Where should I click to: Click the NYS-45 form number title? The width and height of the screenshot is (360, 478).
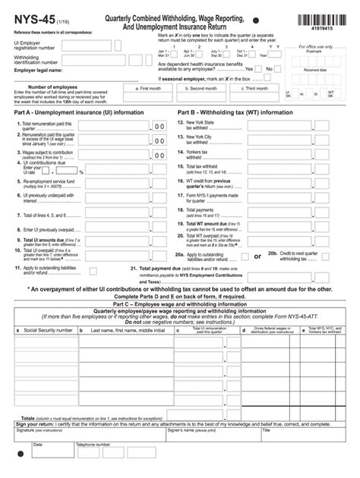coord(30,19)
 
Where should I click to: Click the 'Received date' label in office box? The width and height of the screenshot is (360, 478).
coord(314,69)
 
